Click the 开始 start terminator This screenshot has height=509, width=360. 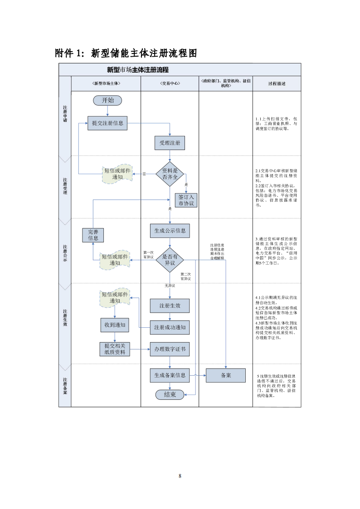[x=107, y=100]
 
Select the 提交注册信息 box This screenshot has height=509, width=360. [x=107, y=123]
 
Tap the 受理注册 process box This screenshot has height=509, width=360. [x=170, y=143]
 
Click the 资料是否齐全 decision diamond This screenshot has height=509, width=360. [x=170, y=174]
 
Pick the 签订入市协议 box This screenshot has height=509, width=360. [x=186, y=200]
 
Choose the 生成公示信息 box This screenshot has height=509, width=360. [x=170, y=230]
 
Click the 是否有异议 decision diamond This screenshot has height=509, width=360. [x=170, y=260]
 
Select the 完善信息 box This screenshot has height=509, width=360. [x=93, y=235]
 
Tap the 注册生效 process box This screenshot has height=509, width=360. [x=170, y=305]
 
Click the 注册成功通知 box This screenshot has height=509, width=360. [x=170, y=327]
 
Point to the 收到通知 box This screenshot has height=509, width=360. [x=115, y=325]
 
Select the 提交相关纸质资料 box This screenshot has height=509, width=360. [x=115, y=349]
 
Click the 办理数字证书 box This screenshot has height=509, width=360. [x=170, y=349]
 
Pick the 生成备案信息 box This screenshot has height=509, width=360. [x=170, y=375]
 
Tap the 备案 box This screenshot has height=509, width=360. [x=225, y=375]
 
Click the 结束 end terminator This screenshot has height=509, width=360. [x=170, y=394]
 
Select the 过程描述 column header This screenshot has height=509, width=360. [x=277, y=84]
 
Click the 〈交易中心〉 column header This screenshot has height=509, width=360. [x=170, y=84]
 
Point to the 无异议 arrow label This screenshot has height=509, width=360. [x=170, y=286]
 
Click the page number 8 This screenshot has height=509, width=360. [x=180, y=475]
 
